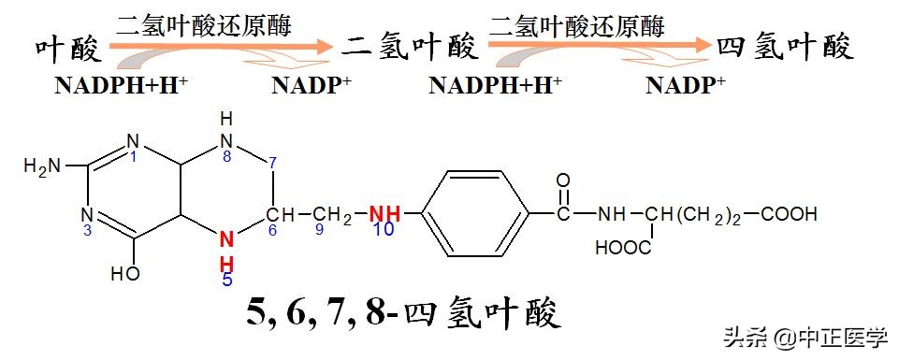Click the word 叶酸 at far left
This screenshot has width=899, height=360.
pyautogui.click(x=66, y=48)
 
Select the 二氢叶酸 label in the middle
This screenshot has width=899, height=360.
pyautogui.click(x=410, y=46)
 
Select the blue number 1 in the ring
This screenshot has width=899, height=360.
pyautogui.click(x=134, y=157)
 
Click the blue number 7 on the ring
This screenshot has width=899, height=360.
pyautogui.click(x=271, y=163)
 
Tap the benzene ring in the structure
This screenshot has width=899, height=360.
pyautogui.click(x=476, y=214)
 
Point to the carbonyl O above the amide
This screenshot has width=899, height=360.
pyautogui.click(x=562, y=180)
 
